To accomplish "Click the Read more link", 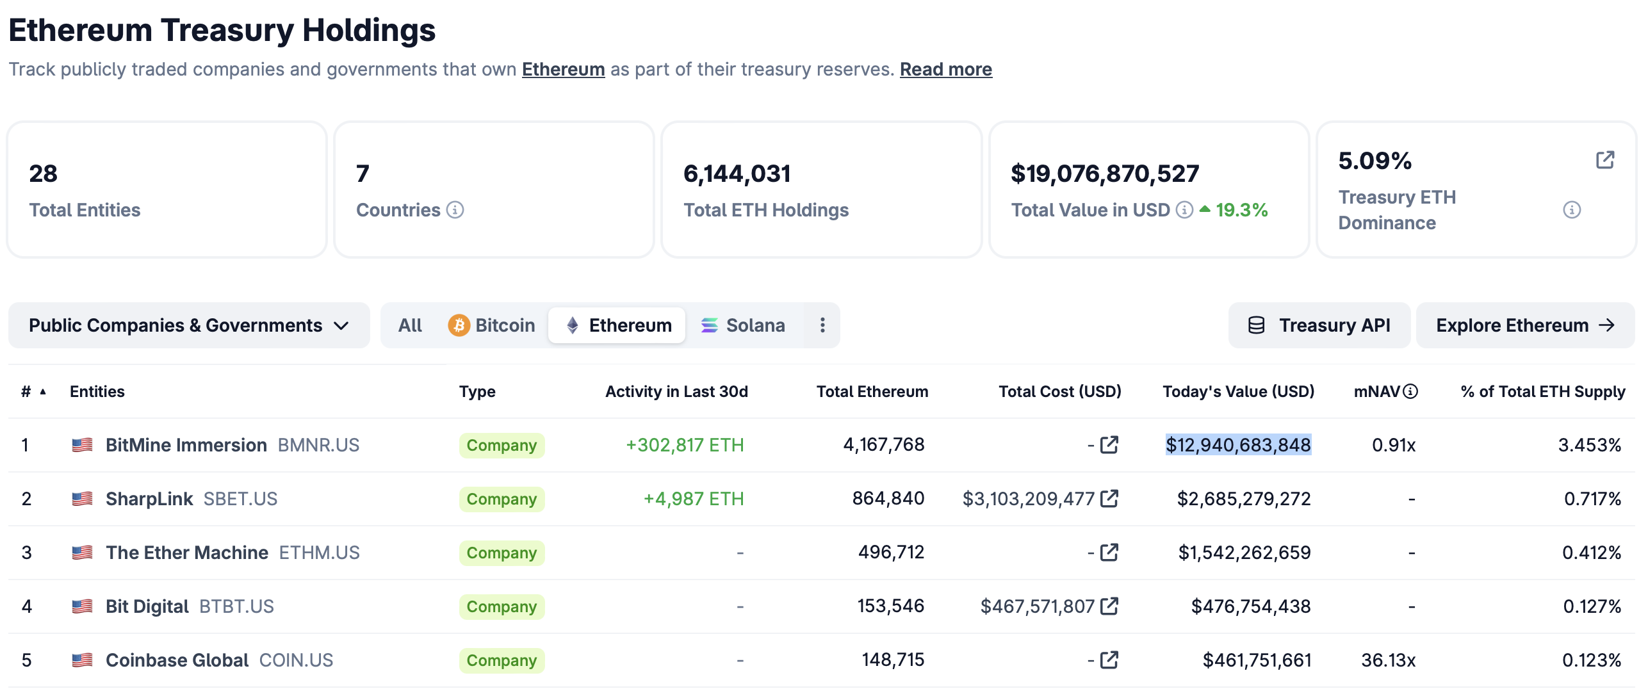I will [x=945, y=69].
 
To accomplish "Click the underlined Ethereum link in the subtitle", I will [x=563, y=69].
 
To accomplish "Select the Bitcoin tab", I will [x=491, y=325].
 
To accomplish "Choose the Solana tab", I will [x=743, y=325].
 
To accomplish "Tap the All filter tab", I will [x=410, y=325].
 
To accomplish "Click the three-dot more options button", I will [x=822, y=325].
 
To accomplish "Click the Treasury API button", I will [x=1319, y=325].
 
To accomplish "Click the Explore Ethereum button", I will [x=1525, y=325].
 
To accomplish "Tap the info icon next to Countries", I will [x=455, y=210].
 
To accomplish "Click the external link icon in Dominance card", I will [x=1605, y=160].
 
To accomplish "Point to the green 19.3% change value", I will [x=1241, y=210].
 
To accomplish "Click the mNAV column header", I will [x=1377, y=391].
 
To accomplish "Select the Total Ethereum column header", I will [x=872, y=391].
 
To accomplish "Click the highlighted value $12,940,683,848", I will [x=1238, y=444].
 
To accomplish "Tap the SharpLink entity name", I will [x=149, y=499].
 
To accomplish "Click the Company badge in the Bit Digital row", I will [x=502, y=606].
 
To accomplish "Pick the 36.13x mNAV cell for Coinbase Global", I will [x=1388, y=660].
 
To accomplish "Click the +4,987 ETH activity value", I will [x=694, y=499].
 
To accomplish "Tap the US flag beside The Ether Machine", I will [x=82, y=553].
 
